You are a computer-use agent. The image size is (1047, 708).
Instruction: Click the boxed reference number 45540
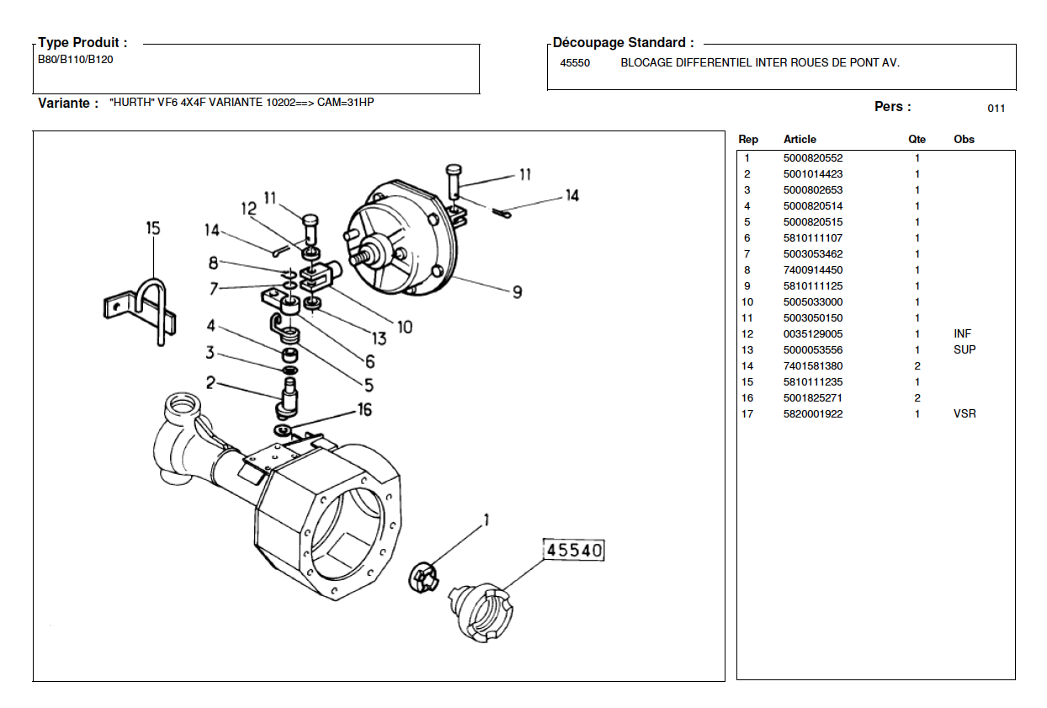pos(573,550)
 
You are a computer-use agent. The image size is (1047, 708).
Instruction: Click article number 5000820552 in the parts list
pos(813,158)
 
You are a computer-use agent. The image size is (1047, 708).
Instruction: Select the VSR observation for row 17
pos(965,414)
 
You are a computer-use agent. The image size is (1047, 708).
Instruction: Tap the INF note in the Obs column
pos(962,334)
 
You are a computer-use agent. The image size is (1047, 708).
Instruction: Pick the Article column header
pos(800,140)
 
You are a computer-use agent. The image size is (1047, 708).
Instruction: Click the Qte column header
pos(917,140)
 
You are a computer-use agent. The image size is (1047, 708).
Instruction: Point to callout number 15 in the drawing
pos(153,228)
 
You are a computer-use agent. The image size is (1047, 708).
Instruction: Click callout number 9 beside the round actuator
pos(517,292)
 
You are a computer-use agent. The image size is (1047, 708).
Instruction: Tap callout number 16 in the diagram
pos(364,410)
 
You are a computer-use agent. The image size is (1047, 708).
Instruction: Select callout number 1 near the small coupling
pos(486,520)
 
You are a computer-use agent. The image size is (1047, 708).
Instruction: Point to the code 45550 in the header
pos(575,63)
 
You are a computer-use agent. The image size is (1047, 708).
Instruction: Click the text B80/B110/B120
pos(75,60)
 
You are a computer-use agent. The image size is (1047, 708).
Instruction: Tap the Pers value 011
pos(996,109)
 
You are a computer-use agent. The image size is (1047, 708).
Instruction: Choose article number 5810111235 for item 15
pos(813,382)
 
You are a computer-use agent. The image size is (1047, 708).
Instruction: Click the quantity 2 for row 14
pos(917,366)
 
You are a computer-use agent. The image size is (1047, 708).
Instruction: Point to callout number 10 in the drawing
pos(405,327)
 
